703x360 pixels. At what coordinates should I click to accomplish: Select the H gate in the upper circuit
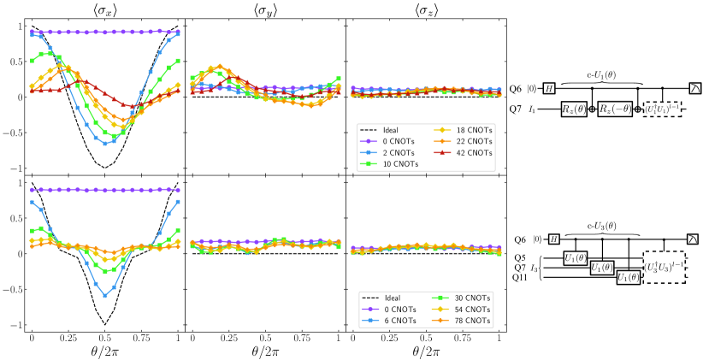(569, 88)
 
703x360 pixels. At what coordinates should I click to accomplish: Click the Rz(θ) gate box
(572, 109)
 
